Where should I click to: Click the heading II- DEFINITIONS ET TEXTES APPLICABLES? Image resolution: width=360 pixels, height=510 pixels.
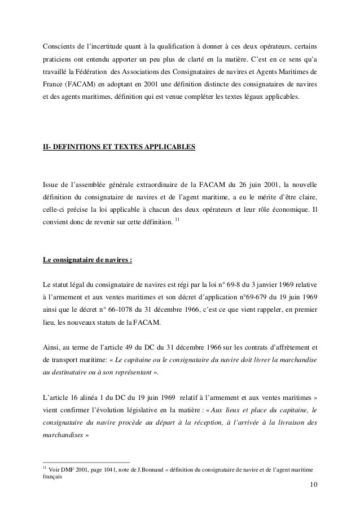tap(120, 148)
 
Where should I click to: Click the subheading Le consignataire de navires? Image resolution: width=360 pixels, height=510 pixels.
tap(87, 260)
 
